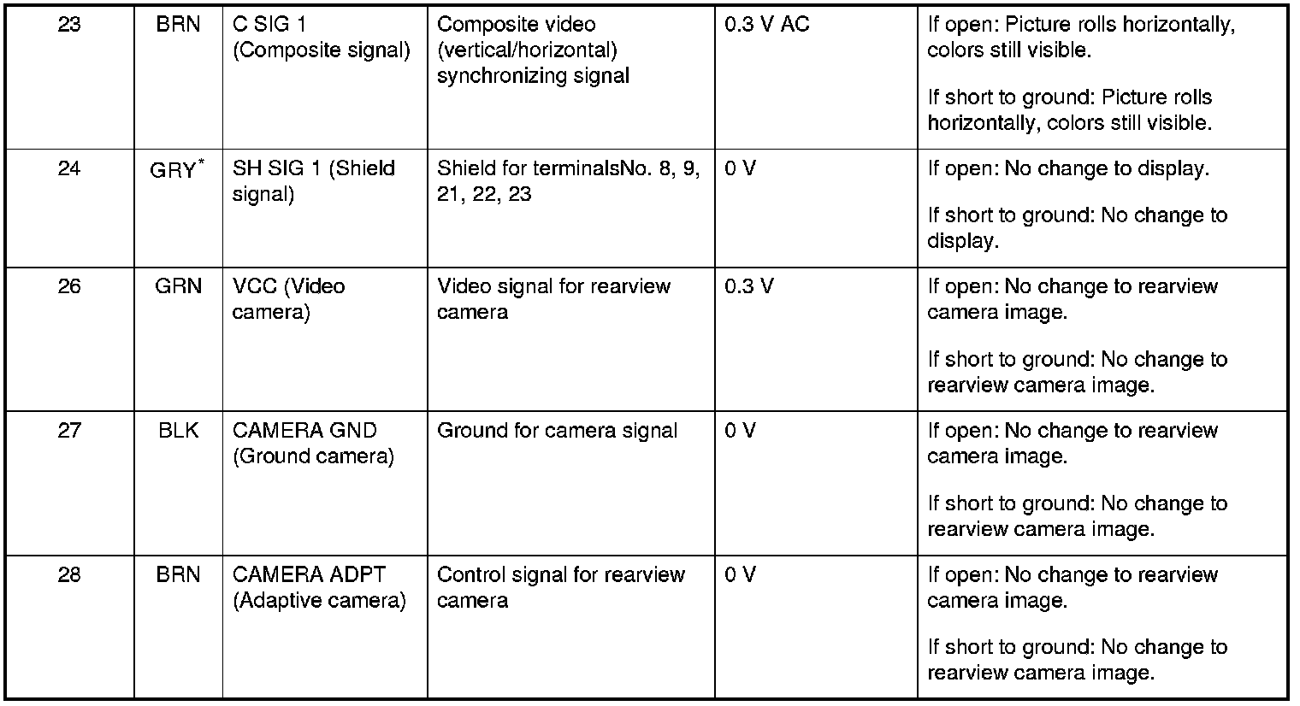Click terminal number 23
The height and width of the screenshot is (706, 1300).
pos(69,25)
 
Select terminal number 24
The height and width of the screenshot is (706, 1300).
pos(69,168)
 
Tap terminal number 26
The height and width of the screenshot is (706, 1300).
pos(69,286)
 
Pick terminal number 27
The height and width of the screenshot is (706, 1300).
pos(69,431)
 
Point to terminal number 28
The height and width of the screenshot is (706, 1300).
pos(69,575)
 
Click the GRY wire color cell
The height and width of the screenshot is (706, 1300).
pos(174,170)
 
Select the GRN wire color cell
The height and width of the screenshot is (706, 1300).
pos(179,286)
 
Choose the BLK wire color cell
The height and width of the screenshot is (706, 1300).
pos(179,431)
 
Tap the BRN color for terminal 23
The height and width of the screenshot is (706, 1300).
pos(179,25)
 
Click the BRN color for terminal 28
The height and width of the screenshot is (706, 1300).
pos(179,575)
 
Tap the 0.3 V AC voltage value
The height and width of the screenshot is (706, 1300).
pos(766,25)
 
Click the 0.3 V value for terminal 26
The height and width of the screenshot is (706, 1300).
pos(749,286)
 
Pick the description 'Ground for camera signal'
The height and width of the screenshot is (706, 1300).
pos(557,431)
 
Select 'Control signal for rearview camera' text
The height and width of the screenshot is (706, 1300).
pos(560,587)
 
